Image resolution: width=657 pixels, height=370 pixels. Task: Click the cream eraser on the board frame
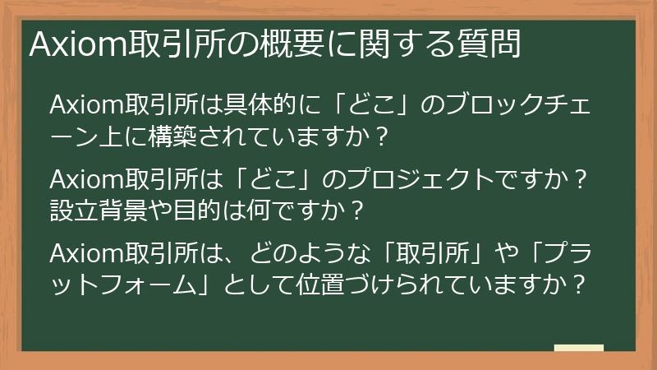tap(578, 348)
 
